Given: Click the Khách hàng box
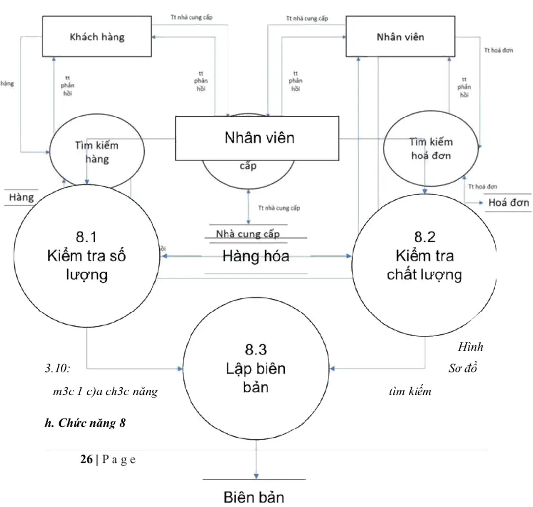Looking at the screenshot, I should pos(96,37).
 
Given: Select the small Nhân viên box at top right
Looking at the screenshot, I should pos(400,37).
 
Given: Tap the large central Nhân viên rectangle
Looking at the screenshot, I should pos(257,138).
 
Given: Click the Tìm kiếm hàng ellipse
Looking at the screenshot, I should pos(98,153).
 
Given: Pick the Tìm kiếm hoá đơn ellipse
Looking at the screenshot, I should pos(430,148).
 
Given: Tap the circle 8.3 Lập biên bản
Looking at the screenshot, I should pos(256,368).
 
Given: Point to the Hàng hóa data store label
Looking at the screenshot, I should pos(256,256).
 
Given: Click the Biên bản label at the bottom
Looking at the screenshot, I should pos(254,496).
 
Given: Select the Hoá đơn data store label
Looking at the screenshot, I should pos(508,203).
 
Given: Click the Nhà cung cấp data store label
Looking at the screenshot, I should pos(247,234).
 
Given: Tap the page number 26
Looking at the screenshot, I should pos(86,459).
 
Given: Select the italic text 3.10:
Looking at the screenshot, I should pos(58,368).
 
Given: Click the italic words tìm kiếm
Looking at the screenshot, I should pos(410,391).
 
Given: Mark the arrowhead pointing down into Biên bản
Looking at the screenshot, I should pos(256,475).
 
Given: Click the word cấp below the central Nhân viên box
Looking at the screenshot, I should pos(248,166).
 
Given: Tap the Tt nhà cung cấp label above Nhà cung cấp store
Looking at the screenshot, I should pos(278,208).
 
